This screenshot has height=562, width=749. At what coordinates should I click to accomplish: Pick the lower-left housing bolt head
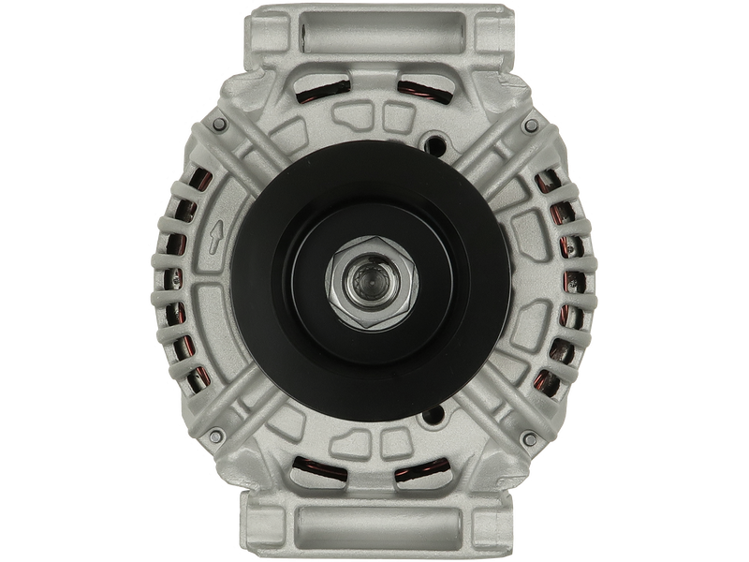point(217,433)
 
